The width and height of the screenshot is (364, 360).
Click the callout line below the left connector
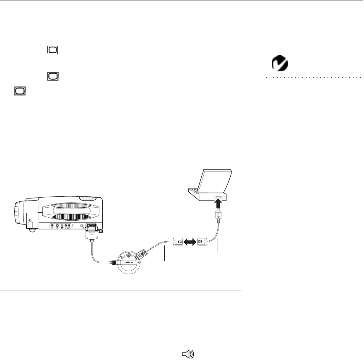coord(165,254)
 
